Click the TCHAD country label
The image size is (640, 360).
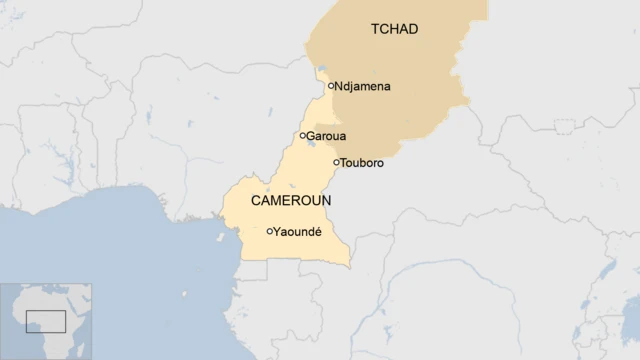pos(394,29)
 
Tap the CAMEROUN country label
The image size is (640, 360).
pos(290,201)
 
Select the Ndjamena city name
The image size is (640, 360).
pos(363,87)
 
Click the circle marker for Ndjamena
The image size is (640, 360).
pos(331,86)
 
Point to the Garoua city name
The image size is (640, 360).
pos(327,136)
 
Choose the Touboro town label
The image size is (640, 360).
pos(363,162)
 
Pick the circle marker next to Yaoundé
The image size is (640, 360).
pos(269,231)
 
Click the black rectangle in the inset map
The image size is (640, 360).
pos(45,321)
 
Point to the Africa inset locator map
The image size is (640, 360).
pos(46,319)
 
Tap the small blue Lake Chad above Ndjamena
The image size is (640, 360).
pos(322,72)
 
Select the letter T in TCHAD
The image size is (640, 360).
pos(374,29)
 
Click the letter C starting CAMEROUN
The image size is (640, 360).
pos(255,201)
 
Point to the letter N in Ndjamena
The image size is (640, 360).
pos(341,87)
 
